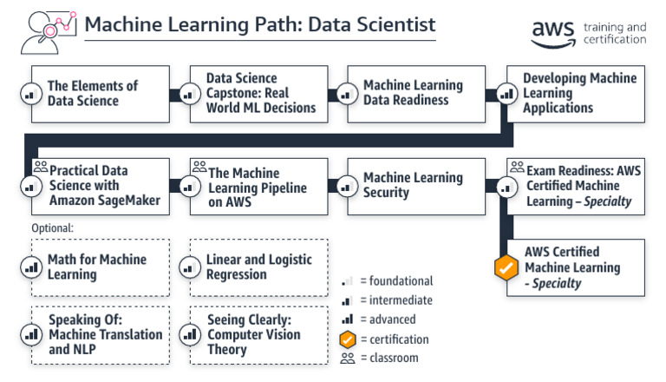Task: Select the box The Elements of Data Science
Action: coord(101,94)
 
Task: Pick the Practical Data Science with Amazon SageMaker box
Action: coord(101,186)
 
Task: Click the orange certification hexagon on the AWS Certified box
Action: coord(506,268)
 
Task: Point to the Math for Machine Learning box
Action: coord(101,267)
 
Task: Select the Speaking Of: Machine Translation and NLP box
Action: coord(101,334)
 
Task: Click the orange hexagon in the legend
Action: coord(349,339)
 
